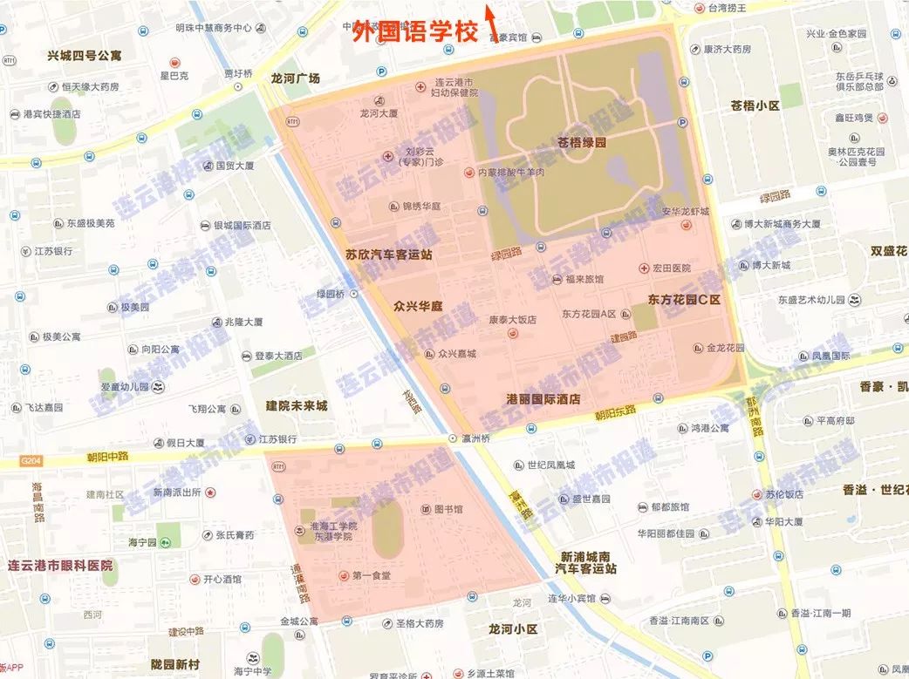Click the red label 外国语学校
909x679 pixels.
415,33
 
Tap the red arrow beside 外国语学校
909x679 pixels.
491,22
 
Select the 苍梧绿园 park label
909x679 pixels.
582,142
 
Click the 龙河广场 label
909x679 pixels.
296,78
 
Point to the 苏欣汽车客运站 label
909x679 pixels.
389,255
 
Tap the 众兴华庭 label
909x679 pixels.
418,307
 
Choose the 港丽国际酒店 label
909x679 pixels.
543,399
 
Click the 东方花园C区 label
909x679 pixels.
684,300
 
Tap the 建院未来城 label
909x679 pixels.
297,406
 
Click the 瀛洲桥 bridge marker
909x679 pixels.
453,438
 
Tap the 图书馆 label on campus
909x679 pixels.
448,509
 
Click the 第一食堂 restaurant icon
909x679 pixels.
344,576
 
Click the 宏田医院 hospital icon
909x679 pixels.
644,268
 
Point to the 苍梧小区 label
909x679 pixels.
755,105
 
